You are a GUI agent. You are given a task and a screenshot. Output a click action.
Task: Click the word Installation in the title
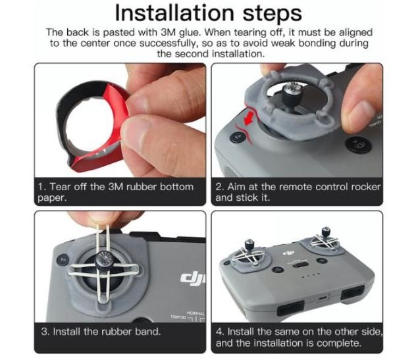(174, 13)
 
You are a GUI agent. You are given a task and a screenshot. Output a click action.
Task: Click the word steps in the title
(272, 14)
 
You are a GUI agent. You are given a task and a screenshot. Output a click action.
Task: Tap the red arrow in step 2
(249, 117)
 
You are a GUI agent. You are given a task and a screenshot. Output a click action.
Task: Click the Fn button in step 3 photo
(63, 260)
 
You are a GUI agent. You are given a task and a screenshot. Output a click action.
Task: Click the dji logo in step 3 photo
(192, 278)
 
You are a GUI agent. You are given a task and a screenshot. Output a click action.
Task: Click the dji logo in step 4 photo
(288, 252)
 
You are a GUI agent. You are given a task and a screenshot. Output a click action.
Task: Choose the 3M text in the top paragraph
(169, 32)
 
